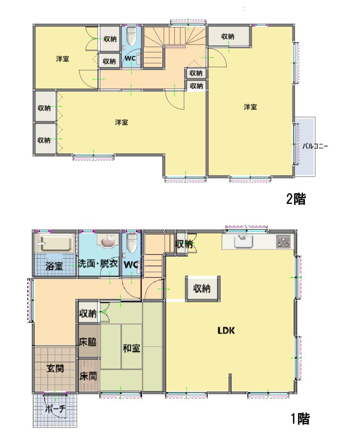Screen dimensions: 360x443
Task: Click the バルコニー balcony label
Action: (x=315, y=146)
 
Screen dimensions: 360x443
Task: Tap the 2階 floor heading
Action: (x=296, y=199)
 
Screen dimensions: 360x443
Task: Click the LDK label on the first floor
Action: (x=226, y=331)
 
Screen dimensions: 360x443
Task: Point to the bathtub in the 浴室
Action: (x=55, y=243)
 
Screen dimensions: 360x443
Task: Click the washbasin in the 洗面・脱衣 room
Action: (x=108, y=242)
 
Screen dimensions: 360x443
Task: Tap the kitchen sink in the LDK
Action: (x=244, y=241)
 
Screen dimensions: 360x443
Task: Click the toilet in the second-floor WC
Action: (x=131, y=36)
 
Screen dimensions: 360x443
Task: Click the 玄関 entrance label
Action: (x=55, y=369)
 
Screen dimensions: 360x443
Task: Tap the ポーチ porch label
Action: (x=55, y=409)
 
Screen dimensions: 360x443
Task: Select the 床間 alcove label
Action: (x=88, y=376)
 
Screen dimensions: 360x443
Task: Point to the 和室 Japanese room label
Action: (x=132, y=348)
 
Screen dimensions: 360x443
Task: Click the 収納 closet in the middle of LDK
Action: (x=202, y=289)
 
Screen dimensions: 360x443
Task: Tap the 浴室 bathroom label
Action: (x=54, y=266)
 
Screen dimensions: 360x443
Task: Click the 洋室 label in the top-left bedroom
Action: (x=63, y=59)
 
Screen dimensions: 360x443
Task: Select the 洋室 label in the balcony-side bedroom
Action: (x=250, y=107)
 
